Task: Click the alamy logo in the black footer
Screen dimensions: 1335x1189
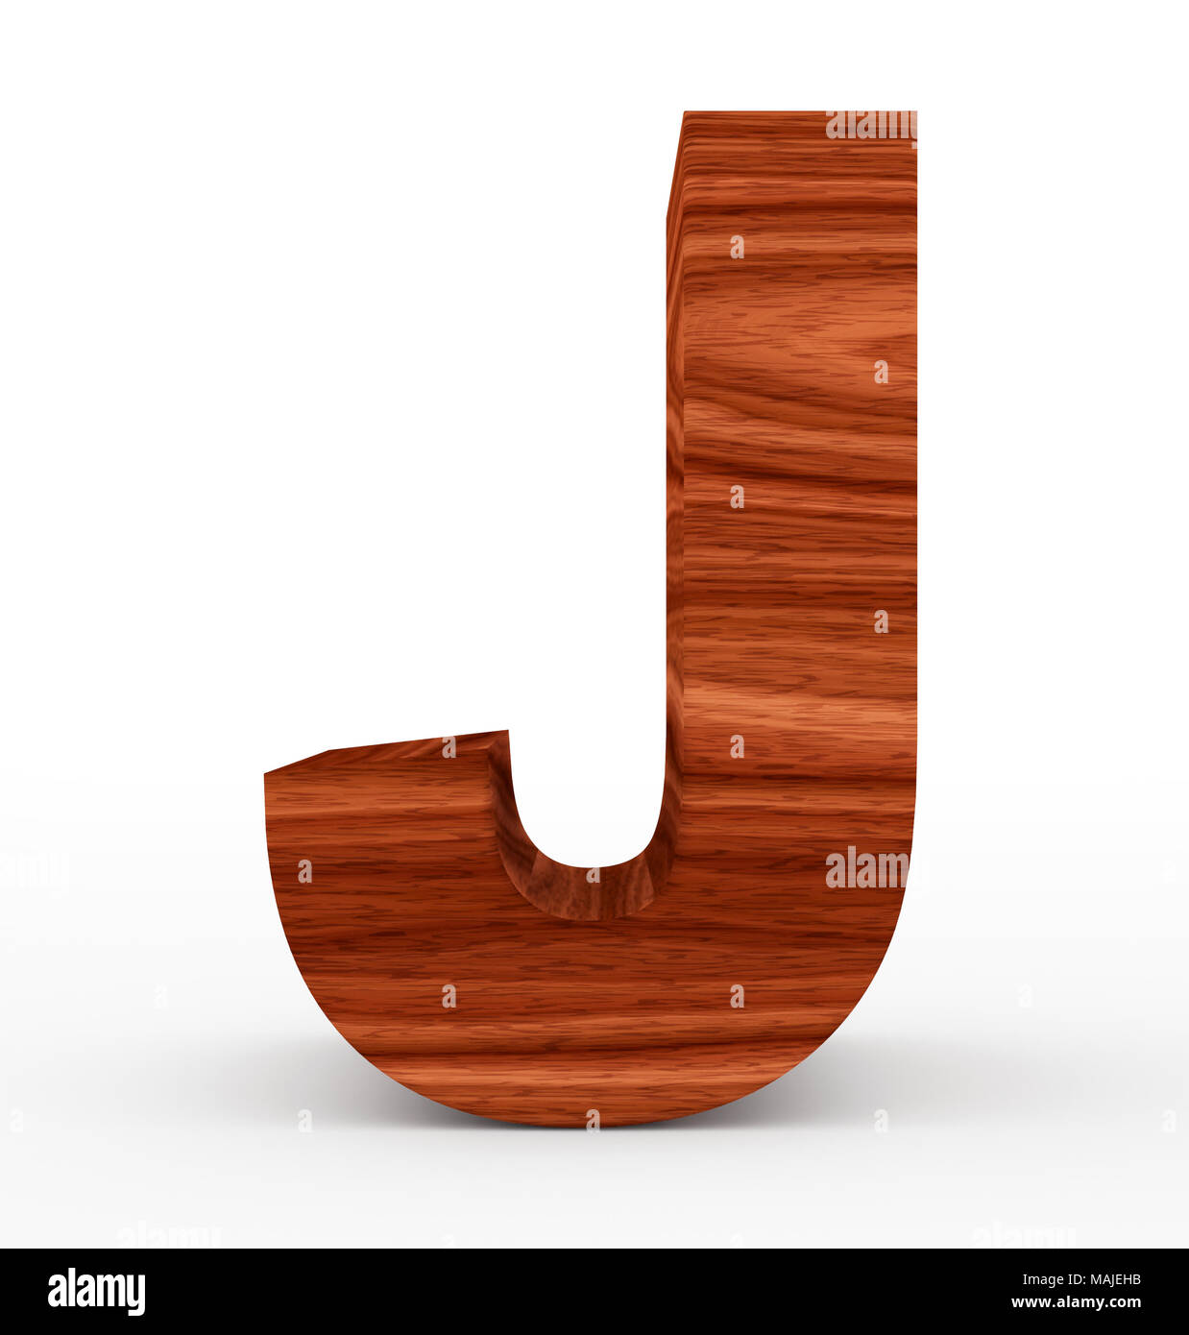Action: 96,1292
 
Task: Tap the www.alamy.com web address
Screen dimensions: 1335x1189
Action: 1076,1303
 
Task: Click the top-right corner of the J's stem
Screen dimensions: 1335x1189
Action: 915,113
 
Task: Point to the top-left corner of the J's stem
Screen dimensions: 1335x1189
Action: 683,113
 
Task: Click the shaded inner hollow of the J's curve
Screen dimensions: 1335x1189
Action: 586,888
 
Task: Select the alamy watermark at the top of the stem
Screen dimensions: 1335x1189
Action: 870,126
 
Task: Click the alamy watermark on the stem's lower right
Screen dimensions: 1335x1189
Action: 866,868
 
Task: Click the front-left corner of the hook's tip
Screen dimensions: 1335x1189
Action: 266,773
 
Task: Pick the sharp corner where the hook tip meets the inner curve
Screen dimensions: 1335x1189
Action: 506,733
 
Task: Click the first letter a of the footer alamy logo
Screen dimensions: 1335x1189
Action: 58,1293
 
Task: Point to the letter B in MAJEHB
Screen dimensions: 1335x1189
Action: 1136,1279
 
